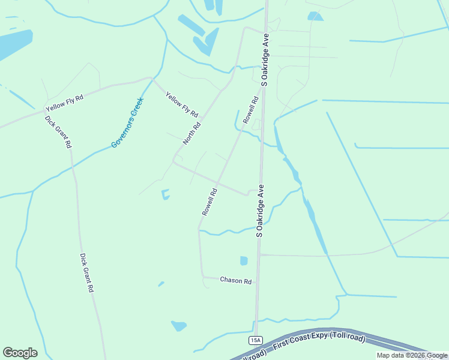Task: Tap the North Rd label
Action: click(191, 132)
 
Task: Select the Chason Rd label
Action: click(235, 280)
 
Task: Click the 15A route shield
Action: click(255, 340)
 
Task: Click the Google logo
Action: click(20, 353)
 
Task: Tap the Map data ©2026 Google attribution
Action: click(412, 355)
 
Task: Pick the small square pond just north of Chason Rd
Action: click(244, 260)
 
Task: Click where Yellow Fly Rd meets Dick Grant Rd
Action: click(46, 112)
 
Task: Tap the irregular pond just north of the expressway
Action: click(178, 326)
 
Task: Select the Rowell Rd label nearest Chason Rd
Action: click(209, 202)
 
